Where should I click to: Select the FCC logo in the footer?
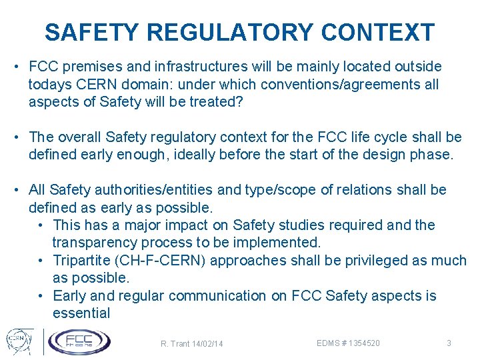[79, 341]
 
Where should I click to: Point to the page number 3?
[449, 343]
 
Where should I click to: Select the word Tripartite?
[83, 261]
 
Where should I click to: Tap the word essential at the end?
[81, 313]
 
